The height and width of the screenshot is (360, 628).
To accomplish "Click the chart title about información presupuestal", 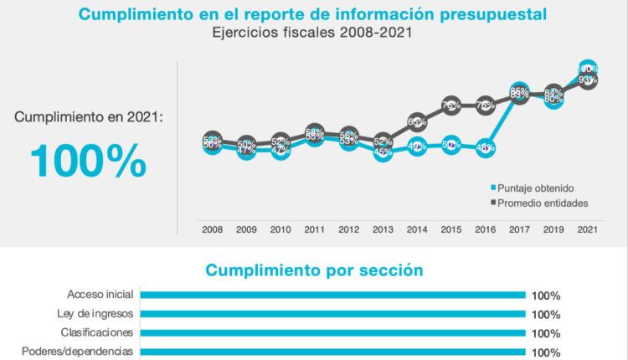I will (314, 14).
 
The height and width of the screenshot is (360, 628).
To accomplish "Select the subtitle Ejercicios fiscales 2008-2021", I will (314, 33).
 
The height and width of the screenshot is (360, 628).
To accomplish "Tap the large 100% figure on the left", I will (88, 161).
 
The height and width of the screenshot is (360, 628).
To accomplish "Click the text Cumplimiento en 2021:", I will (88, 118).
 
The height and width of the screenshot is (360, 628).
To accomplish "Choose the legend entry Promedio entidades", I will (541, 203).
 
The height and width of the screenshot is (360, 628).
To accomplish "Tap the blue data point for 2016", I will (485, 148).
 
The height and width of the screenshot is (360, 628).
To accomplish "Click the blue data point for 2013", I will (383, 152).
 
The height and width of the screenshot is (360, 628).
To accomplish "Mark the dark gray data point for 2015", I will (450, 105).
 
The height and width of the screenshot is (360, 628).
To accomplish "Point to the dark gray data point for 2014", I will (417, 122).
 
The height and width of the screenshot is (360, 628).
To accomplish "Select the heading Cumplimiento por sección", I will (314, 270).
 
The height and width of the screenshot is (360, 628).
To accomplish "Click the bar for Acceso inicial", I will (332, 295).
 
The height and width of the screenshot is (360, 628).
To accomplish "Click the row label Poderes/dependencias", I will (77, 352).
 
